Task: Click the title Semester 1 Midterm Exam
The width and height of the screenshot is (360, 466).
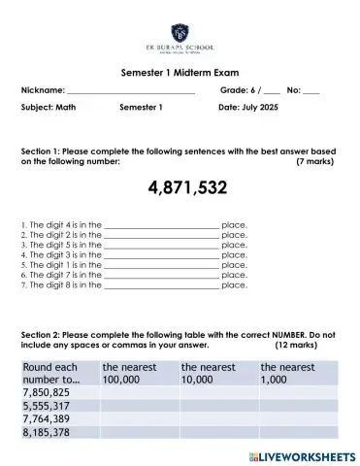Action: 180,73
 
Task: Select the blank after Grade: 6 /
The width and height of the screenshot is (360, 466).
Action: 271,90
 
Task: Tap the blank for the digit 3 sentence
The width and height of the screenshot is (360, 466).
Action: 161,255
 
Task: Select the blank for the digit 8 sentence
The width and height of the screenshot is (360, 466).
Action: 161,285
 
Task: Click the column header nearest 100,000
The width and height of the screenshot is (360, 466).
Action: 136,373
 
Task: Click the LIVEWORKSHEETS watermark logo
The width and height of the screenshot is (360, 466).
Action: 302,455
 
